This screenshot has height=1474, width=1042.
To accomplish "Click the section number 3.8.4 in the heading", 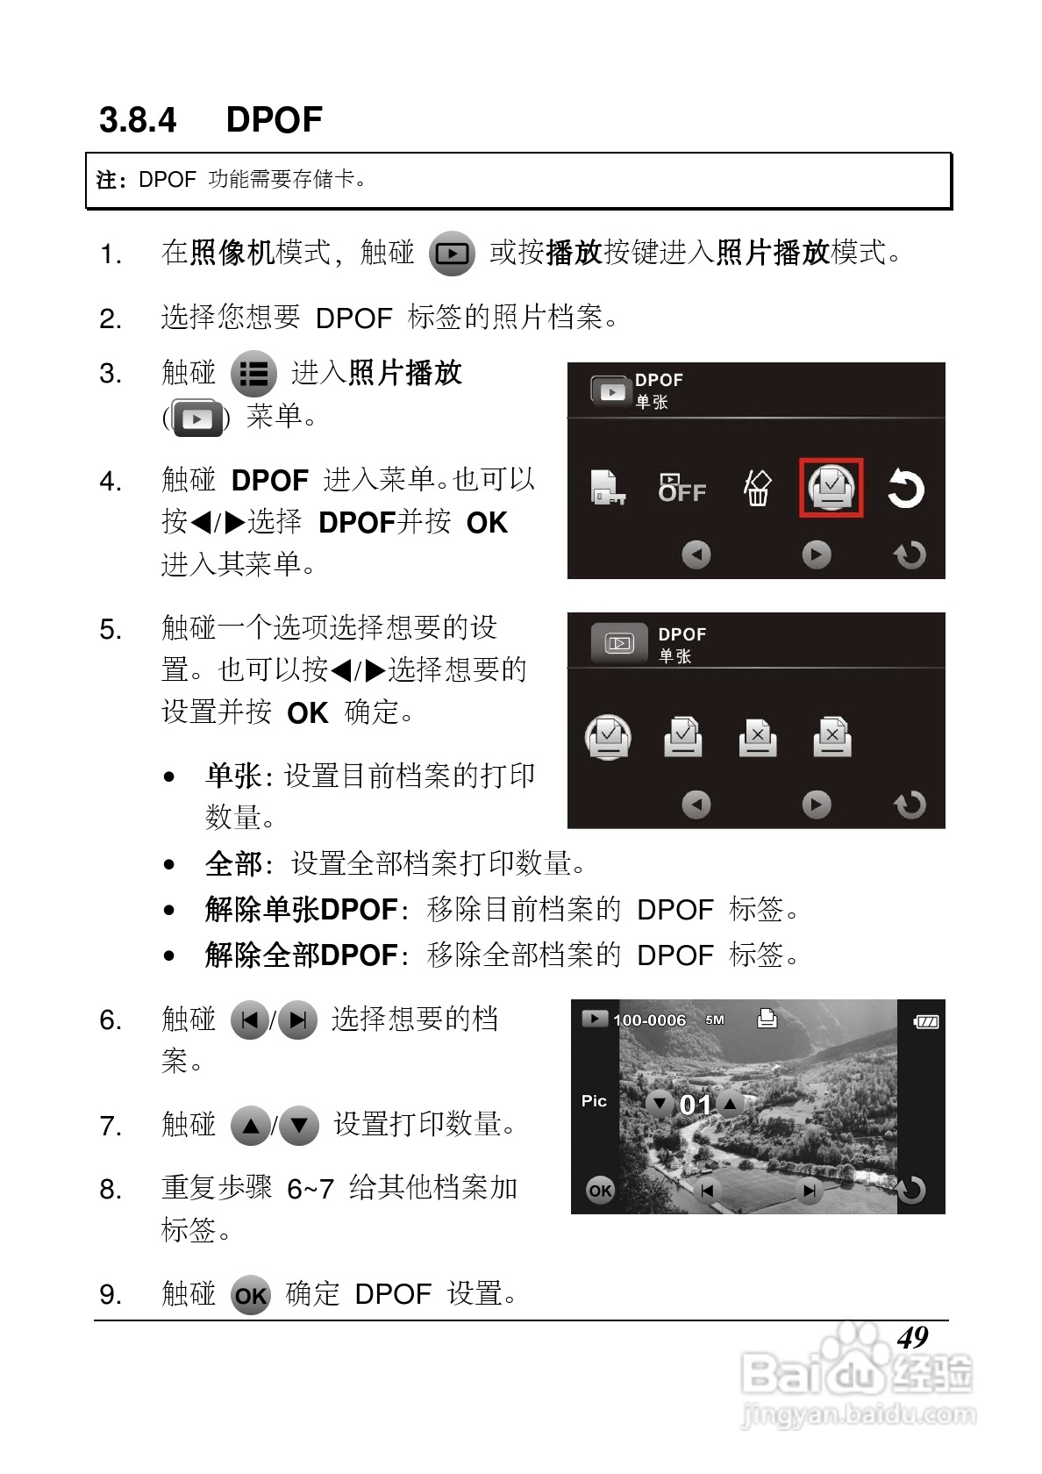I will (x=138, y=119).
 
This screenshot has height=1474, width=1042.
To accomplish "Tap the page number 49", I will (x=912, y=1337).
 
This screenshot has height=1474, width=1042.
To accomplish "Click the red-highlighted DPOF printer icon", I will (x=831, y=487).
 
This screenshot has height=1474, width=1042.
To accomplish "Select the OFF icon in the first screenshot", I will (x=682, y=488).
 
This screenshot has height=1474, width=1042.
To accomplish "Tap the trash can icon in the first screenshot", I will (x=757, y=488).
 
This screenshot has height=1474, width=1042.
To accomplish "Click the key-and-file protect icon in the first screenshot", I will (x=607, y=488).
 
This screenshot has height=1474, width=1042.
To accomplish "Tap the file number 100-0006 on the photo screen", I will (x=649, y=1020).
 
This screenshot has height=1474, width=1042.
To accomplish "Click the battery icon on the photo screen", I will (x=925, y=1021).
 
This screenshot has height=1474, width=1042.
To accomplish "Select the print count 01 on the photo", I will (x=695, y=1105).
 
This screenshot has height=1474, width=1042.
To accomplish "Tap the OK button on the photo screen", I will (x=600, y=1190).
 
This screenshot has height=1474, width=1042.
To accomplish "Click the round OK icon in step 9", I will (x=251, y=1296).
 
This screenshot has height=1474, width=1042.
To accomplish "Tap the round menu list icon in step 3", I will (x=253, y=375).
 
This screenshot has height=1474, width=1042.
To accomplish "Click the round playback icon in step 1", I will (x=452, y=254).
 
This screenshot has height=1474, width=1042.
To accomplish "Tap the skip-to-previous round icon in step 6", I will (x=250, y=1020).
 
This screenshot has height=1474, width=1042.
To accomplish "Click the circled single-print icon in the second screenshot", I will (x=608, y=737).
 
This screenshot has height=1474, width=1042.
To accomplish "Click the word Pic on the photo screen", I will (x=594, y=1100).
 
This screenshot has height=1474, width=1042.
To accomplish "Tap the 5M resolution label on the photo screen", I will (x=715, y=1020).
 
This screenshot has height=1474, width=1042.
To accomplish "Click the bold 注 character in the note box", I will (x=105, y=180).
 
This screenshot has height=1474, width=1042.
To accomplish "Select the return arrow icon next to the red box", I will (x=904, y=489).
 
